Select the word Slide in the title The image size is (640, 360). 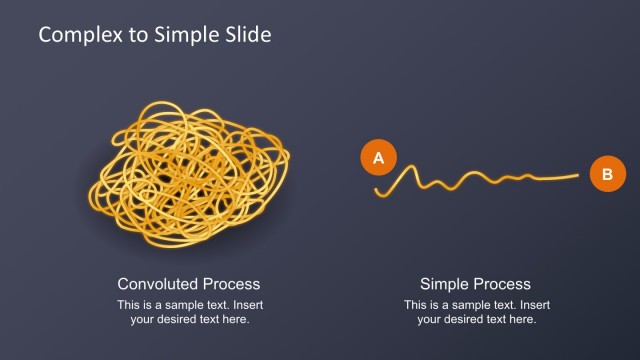coord(247,35)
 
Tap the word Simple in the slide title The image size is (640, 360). coord(185,35)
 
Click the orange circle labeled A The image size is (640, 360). coord(378,158)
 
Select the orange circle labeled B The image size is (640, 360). coord(606,174)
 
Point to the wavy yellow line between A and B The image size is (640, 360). coord(470,181)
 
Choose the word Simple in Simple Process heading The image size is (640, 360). coord(445,284)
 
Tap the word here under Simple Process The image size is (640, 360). coord(522,320)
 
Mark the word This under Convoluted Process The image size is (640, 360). coord(128,304)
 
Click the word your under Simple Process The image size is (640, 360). coord(429,320)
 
